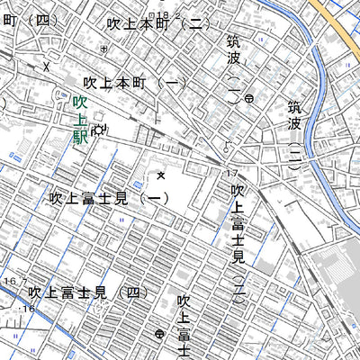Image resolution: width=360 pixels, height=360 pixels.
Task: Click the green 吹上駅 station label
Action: click(79, 121)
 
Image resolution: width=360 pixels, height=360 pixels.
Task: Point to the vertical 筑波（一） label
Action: click(234, 67)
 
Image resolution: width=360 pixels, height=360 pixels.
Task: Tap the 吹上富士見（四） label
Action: click(87, 292)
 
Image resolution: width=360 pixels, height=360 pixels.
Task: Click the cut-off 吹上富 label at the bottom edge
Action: click(184, 324)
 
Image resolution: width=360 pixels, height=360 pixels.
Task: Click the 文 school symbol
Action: click(161, 174)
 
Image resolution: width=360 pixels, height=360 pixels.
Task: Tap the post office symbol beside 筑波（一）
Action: click(248, 97)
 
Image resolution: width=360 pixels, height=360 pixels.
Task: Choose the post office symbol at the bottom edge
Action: click(158, 334)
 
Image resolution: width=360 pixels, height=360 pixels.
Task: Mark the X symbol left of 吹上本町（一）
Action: click(46, 67)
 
